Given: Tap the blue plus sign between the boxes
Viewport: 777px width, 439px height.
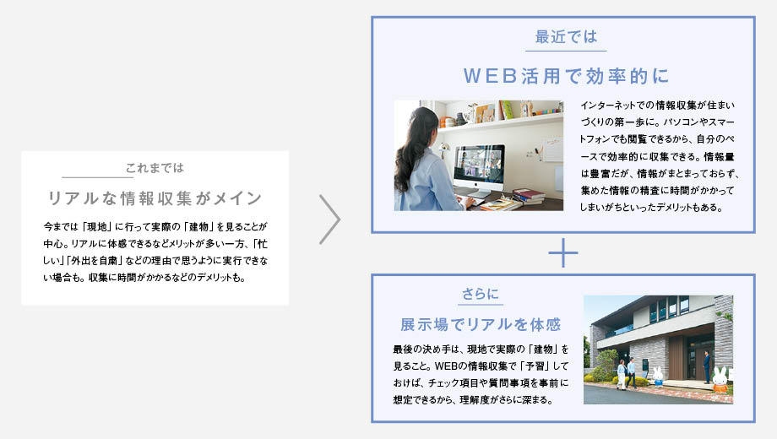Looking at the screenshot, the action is [x=563, y=252].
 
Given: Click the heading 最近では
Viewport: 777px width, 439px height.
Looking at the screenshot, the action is [x=566, y=36].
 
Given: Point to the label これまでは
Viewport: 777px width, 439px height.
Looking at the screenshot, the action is [x=155, y=168].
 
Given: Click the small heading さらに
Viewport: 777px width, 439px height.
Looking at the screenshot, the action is [x=481, y=294].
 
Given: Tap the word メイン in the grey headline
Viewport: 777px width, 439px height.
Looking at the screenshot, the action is [x=238, y=198].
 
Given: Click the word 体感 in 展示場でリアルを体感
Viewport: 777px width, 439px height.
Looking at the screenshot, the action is [x=546, y=324].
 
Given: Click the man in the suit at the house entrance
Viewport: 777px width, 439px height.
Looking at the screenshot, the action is [x=706, y=366].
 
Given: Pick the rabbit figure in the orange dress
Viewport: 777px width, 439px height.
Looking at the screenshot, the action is [x=720, y=380].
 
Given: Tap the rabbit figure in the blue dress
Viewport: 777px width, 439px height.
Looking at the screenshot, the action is [x=658, y=377].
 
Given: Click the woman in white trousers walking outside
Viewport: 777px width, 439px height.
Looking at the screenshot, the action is [x=622, y=374].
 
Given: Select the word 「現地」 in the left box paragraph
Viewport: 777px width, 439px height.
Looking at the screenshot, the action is [x=96, y=227].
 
